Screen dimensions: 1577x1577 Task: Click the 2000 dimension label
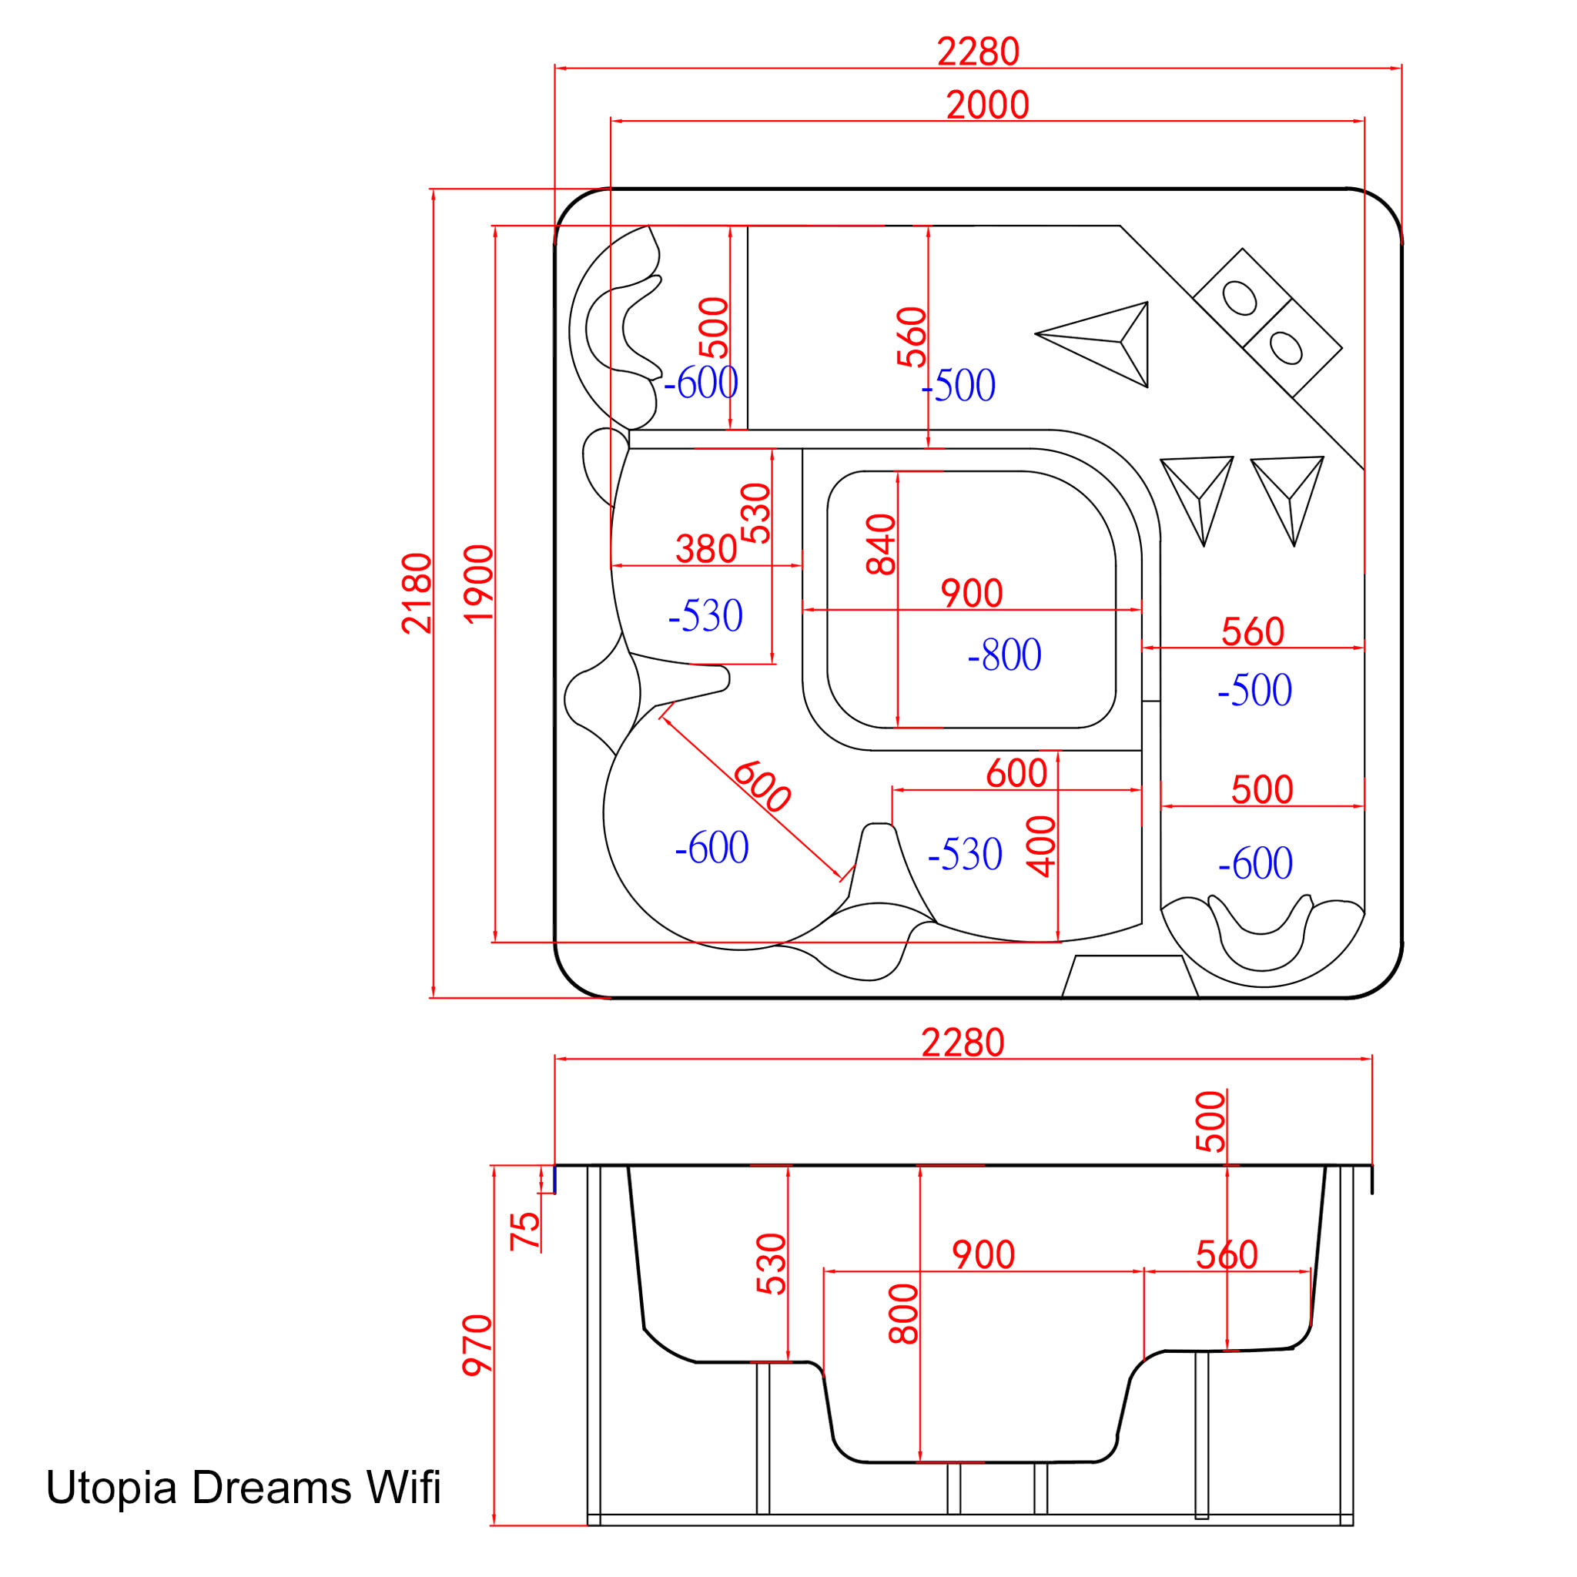coord(988,105)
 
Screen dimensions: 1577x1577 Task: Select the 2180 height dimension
coord(417,594)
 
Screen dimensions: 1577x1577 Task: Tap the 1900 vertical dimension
coord(479,584)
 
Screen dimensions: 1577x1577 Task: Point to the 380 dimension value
coord(706,549)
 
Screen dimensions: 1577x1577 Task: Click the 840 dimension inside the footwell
coord(882,544)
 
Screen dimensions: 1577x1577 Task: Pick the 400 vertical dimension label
coord(1043,846)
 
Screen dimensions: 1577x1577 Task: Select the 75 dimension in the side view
coord(525,1232)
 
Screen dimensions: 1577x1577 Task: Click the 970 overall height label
coord(477,1346)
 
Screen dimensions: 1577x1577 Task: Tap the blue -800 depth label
coord(1004,655)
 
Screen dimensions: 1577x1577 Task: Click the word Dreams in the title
coord(272,1487)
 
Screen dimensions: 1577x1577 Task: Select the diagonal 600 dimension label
coord(761,787)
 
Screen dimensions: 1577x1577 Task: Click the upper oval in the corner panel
coord(1240,298)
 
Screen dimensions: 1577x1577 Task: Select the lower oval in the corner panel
coord(1286,347)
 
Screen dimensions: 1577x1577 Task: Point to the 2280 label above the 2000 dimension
coord(978,52)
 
